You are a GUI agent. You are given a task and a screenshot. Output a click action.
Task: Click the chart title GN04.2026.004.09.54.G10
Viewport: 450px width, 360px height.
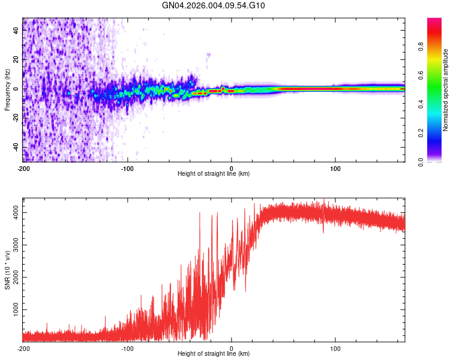click(214, 5)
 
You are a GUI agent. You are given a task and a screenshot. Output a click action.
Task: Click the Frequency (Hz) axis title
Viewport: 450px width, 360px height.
click(7, 90)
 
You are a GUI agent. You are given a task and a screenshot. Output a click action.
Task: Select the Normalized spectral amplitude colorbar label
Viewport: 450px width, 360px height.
click(445, 90)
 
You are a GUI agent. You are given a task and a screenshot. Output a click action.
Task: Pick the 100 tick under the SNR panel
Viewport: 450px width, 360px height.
click(336, 348)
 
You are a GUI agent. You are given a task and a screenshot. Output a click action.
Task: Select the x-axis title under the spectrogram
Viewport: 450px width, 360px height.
click(214, 174)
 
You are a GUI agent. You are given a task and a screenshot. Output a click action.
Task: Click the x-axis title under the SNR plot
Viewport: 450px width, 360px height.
click(214, 355)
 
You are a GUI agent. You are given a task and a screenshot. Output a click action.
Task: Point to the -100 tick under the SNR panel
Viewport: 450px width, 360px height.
click(127, 348)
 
